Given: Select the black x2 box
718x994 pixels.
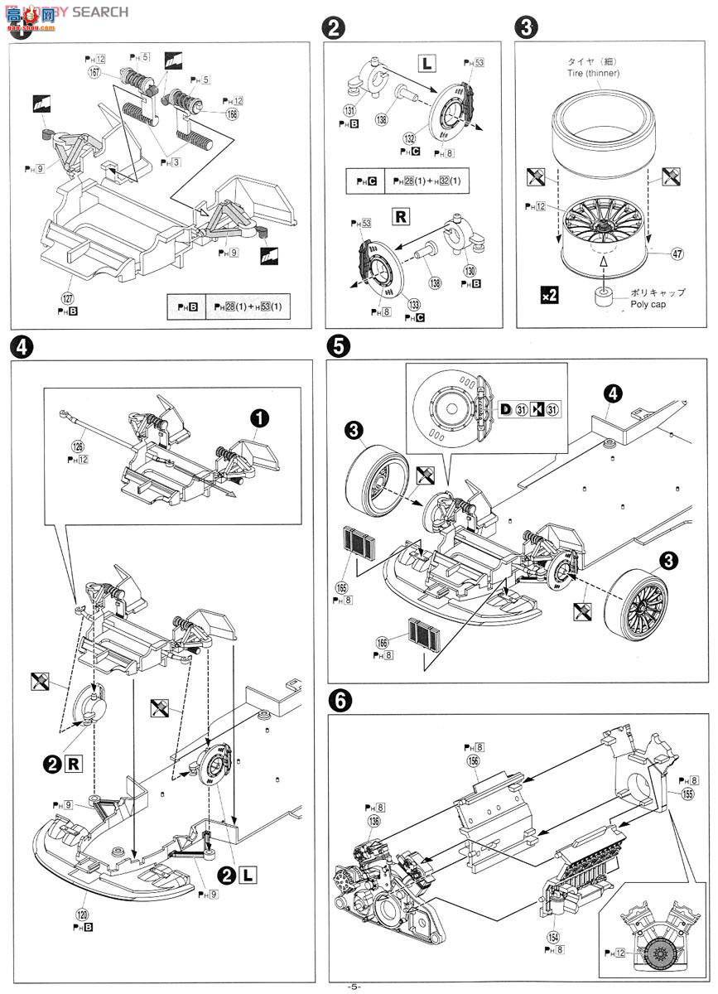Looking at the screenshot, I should pyautogui.click(x=548, y=294).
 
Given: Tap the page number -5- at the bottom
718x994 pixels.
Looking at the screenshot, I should pyautogui.click(x=354, y=986).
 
